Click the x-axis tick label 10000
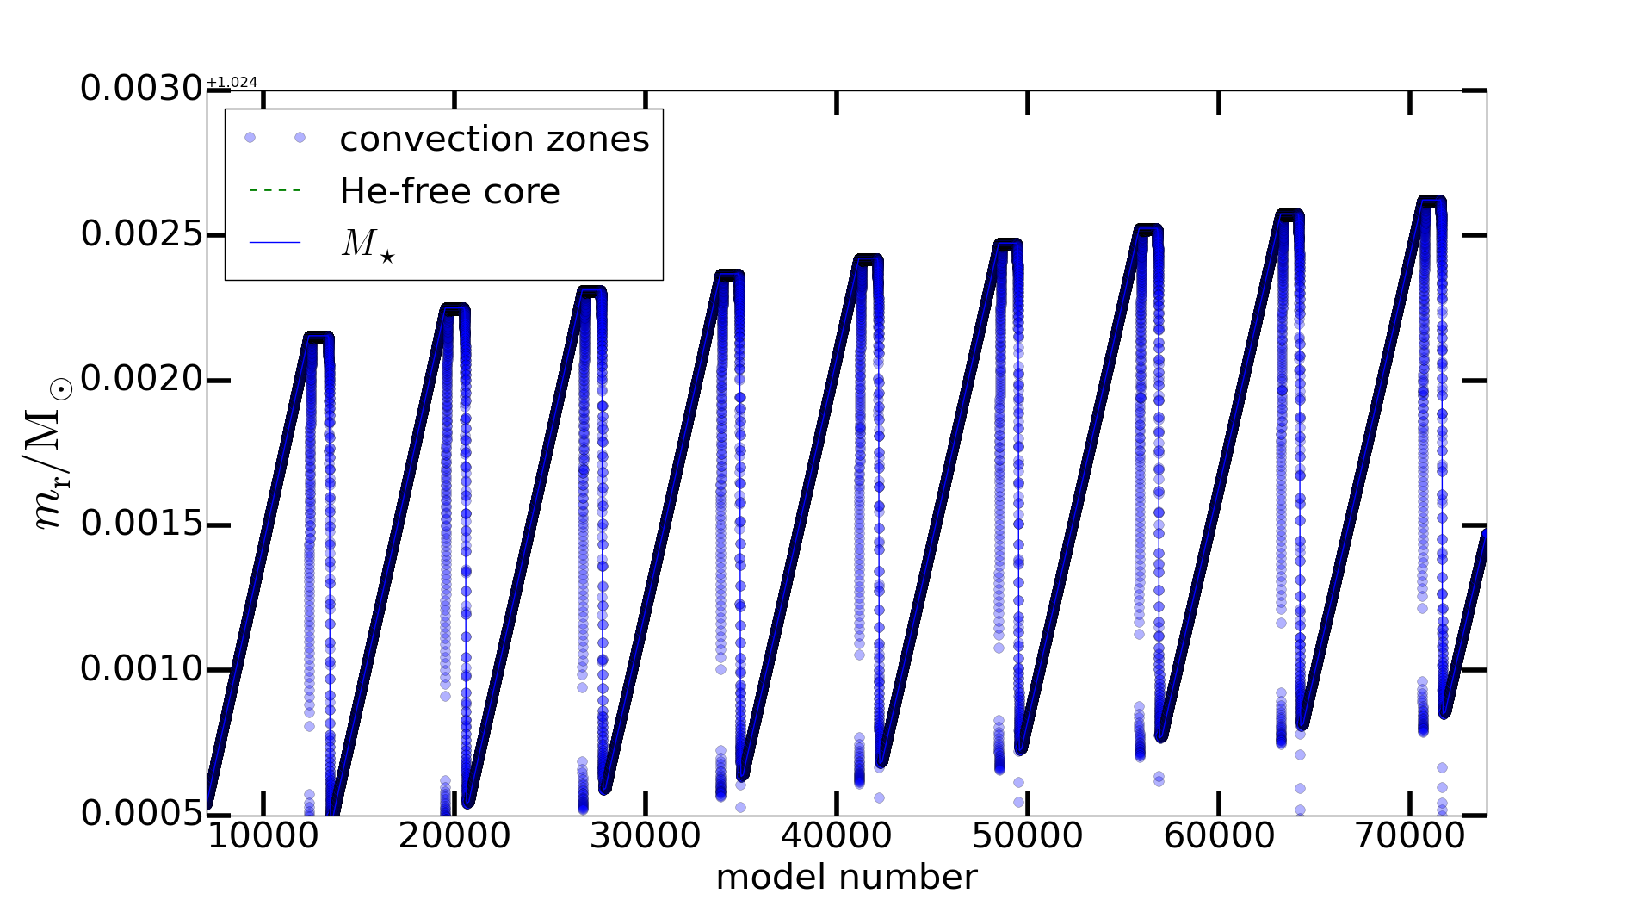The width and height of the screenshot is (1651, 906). click(263, 835)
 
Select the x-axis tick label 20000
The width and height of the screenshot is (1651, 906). click(454, 835)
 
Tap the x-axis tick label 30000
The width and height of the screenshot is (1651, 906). click(646, 835)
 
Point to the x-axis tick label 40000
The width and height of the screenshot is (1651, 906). click(837, 835)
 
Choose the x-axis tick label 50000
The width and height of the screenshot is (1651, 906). click(1028, 835)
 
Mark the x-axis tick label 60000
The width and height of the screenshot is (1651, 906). click(1219, 835)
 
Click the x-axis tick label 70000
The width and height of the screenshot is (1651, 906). click(1410, 835)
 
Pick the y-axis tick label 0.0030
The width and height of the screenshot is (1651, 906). click(141, 89)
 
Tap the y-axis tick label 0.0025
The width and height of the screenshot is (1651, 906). click(141, 234)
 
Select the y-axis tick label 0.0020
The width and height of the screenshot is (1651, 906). click(141, 379)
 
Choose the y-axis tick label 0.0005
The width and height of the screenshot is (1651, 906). click(141, 813)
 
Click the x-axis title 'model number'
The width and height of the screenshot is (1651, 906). click(846, 878)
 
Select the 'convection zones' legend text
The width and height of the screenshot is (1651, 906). click(494, 140)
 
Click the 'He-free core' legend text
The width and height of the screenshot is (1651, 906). click(449, 191)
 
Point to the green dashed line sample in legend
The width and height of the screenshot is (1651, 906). click(275, 190)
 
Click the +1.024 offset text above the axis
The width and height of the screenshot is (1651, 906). click(232, 83)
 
